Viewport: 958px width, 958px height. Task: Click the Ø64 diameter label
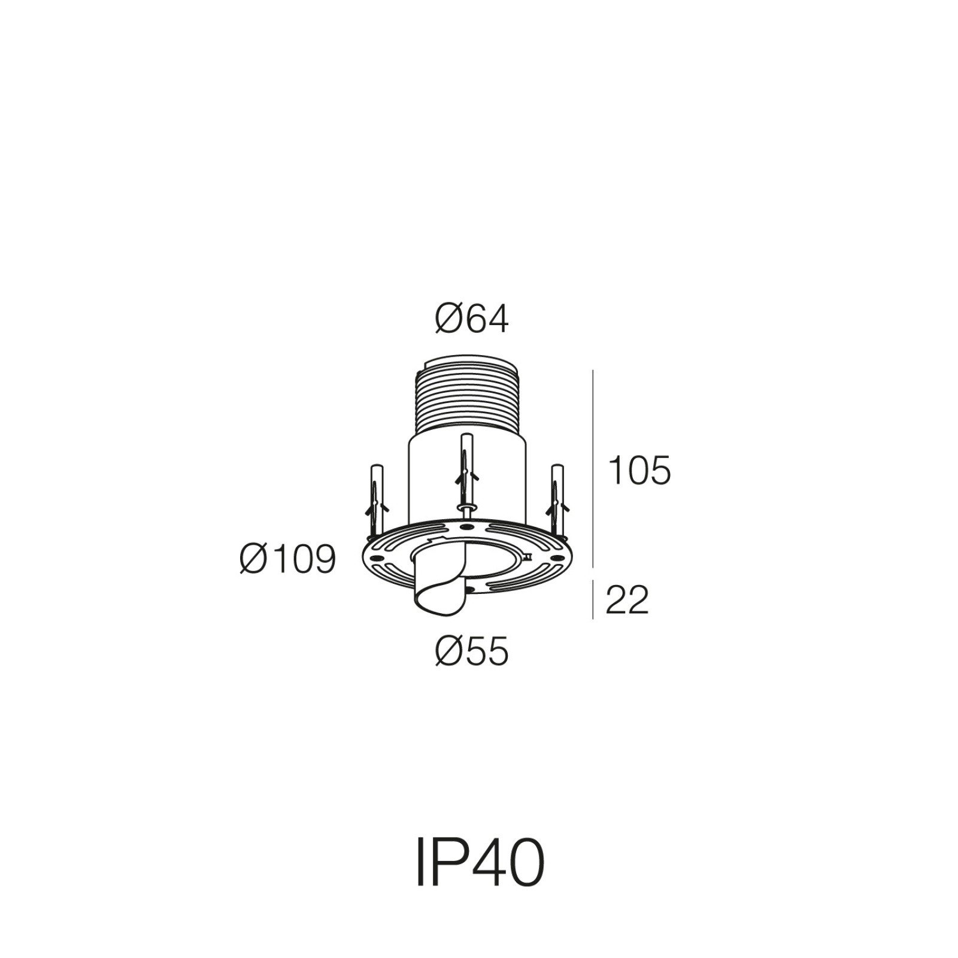(x=472, y=319)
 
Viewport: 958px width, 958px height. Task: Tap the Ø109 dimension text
(x=288, y=560)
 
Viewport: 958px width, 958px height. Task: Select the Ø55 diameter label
(x=472, y=651)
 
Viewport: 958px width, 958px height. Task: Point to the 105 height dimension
(x=639, y=471)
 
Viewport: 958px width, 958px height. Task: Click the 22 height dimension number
(x=627, y=600)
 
